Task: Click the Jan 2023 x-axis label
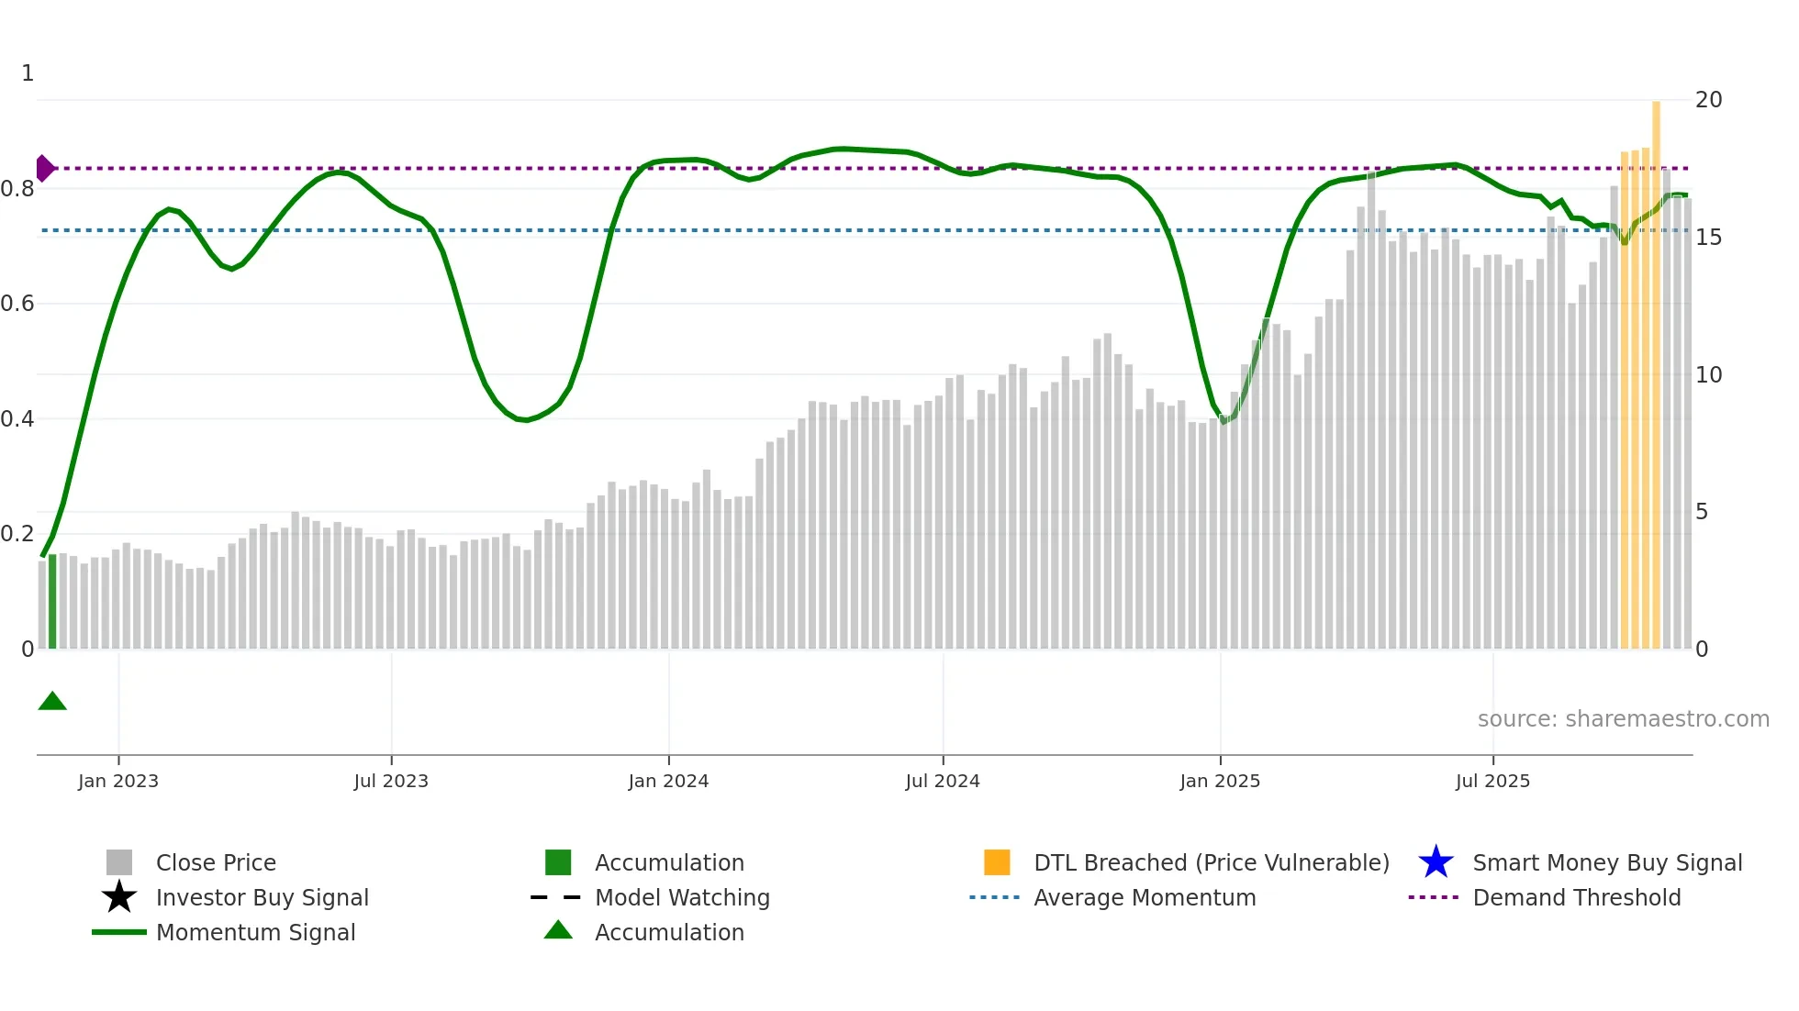[118, 781]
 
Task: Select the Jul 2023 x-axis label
[391, 781]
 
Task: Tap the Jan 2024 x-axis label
[668, 781]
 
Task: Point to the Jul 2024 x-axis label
[943, 781]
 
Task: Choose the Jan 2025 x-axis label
[1220, 781]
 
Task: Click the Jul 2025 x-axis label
[1492, 781]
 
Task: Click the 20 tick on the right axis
[1708, 100]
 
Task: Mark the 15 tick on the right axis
[1708, 238]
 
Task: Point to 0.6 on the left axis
[17, 304]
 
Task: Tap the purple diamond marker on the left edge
[44, 169]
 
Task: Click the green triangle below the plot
[52, 702]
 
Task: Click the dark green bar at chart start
[52, 601]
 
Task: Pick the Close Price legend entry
[216, 862]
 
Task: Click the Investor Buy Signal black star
[119, 897]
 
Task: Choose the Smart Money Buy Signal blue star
[1436, 862]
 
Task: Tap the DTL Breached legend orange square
[997, 862]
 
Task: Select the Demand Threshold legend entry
[1576, 897]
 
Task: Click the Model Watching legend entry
[682, 897]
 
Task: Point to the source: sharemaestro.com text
[1623, 719]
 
